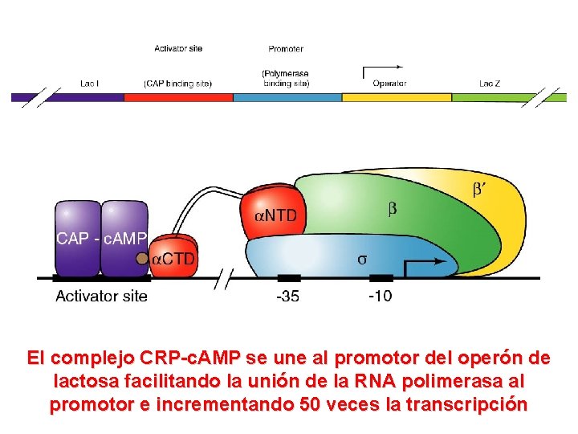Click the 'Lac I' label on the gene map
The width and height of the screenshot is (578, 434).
coord(90,83)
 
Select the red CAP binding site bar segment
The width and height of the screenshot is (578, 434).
coord(178,97)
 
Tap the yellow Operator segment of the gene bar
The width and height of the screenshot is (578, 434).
coord(397,97)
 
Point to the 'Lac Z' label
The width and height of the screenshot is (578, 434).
coord(489,83)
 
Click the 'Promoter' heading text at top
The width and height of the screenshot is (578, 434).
coord(286,49)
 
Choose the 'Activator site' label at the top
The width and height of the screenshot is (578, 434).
coord(178,49)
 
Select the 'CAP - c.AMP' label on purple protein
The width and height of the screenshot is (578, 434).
coord(101,238)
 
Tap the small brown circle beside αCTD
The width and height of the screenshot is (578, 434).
coord(142,259)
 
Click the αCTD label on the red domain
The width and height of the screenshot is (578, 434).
coord(174,259)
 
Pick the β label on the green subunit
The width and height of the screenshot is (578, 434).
coord(392,209)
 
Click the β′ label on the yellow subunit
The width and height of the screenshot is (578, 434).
coord(478,190)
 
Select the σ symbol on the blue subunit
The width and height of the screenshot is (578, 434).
coord(362,259)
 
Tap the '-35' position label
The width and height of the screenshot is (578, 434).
coord(287,297)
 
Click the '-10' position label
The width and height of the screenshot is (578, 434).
coord(380,297)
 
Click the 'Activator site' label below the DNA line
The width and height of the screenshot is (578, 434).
coord(101,297)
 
